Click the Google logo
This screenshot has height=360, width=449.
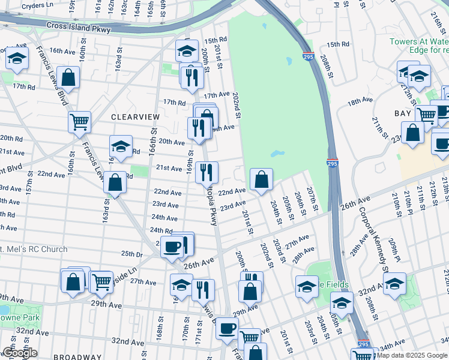point(20,353)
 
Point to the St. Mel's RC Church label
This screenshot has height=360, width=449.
point(33,249)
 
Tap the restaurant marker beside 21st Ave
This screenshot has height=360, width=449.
point(208,172)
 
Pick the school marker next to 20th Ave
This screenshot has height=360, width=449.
point(121,146)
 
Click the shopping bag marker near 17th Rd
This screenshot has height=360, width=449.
point(68,77)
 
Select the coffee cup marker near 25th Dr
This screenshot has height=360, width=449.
point(172,246)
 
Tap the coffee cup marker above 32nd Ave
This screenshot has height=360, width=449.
point(227,328)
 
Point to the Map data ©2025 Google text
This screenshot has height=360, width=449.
point(412,355)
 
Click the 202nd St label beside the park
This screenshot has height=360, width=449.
point(237,106)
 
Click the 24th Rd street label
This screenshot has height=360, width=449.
point(161,230)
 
